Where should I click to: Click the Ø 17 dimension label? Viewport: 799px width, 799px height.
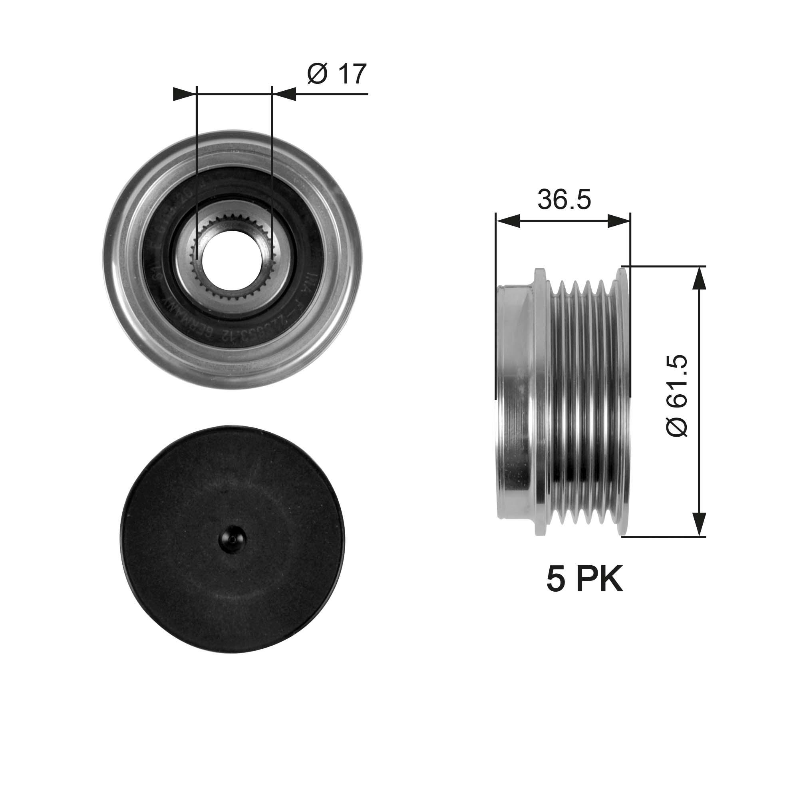point(337,74)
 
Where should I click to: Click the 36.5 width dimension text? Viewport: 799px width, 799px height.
point(564,200)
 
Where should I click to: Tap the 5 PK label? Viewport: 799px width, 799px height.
point(584,580)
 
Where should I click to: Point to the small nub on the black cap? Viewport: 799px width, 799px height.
point(233,539)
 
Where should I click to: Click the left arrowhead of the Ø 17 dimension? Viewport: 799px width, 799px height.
point(184,94)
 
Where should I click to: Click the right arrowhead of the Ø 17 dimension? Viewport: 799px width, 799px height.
point(285,94)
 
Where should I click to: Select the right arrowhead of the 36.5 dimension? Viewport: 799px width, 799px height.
point(619,221)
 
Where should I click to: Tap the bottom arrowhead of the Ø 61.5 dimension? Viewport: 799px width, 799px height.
point(698,523)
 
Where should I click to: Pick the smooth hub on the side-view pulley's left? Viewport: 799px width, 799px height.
point(515,401)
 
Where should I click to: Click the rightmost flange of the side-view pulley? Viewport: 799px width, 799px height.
point(623,401)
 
